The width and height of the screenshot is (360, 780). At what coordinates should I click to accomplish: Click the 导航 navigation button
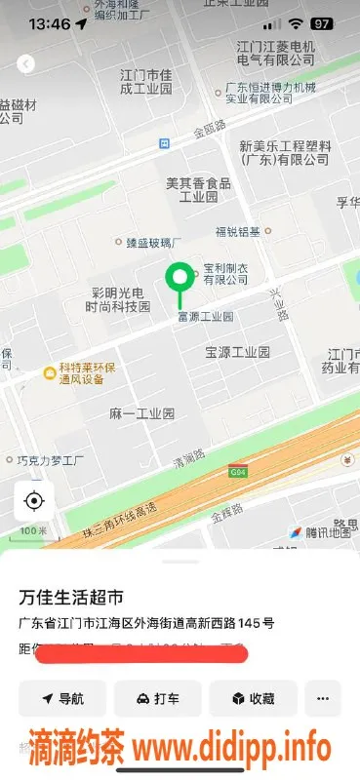tap(61, 698)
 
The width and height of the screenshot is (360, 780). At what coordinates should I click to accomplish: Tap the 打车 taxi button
tap(157, 698)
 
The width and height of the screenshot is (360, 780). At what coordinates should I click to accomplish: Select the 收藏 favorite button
tap(253, 698)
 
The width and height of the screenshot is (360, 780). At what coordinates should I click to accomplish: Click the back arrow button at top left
tap(25, 63)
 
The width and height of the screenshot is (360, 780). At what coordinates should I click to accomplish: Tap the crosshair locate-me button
tap(34, 501)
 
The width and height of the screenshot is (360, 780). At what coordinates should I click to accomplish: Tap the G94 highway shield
tap(237, 473)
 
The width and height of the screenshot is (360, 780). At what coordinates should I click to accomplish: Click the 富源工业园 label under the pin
tap(205, 317)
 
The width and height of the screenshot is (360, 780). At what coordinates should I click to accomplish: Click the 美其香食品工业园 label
tap(198, 189)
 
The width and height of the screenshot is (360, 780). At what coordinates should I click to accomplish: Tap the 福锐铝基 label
tap(238, 231)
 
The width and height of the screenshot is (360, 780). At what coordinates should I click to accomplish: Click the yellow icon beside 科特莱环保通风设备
tap(48, 372)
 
